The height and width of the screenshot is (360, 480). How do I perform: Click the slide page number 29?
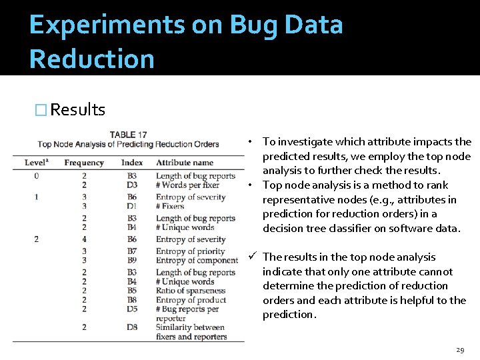point(459,350)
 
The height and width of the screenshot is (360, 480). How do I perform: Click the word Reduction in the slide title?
point(92,59)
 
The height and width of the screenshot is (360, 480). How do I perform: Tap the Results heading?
point(77,109)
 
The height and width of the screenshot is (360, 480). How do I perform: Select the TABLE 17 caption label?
point(128,135)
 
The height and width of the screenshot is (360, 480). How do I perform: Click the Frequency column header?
point(84,163)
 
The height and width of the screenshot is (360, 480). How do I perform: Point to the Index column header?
point(132,163)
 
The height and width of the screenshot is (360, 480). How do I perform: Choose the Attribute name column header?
point(185,163)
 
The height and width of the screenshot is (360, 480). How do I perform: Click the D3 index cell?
point(132,185)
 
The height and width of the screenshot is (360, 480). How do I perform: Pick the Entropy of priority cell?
point(191,251)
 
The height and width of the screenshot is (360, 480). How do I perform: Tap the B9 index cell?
point(132,260)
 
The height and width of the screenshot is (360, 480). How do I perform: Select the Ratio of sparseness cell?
point(191,291)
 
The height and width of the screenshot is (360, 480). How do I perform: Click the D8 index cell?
point(132,327)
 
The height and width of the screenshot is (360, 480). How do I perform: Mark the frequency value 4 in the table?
point(84,239)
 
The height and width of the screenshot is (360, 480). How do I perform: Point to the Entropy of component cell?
point(197,260)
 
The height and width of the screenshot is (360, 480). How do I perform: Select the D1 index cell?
point(132,206)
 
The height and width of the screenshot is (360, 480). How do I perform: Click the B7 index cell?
point(132,251)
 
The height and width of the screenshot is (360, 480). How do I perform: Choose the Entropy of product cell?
point(191,300)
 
